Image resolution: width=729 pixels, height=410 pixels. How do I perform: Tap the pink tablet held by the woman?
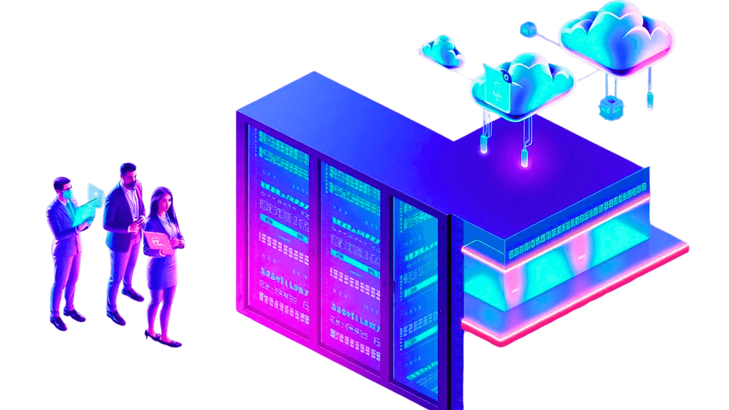[156, 241]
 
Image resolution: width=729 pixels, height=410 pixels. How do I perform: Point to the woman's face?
[163, 201]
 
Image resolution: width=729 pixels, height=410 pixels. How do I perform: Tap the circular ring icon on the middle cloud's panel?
[506, 77]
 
